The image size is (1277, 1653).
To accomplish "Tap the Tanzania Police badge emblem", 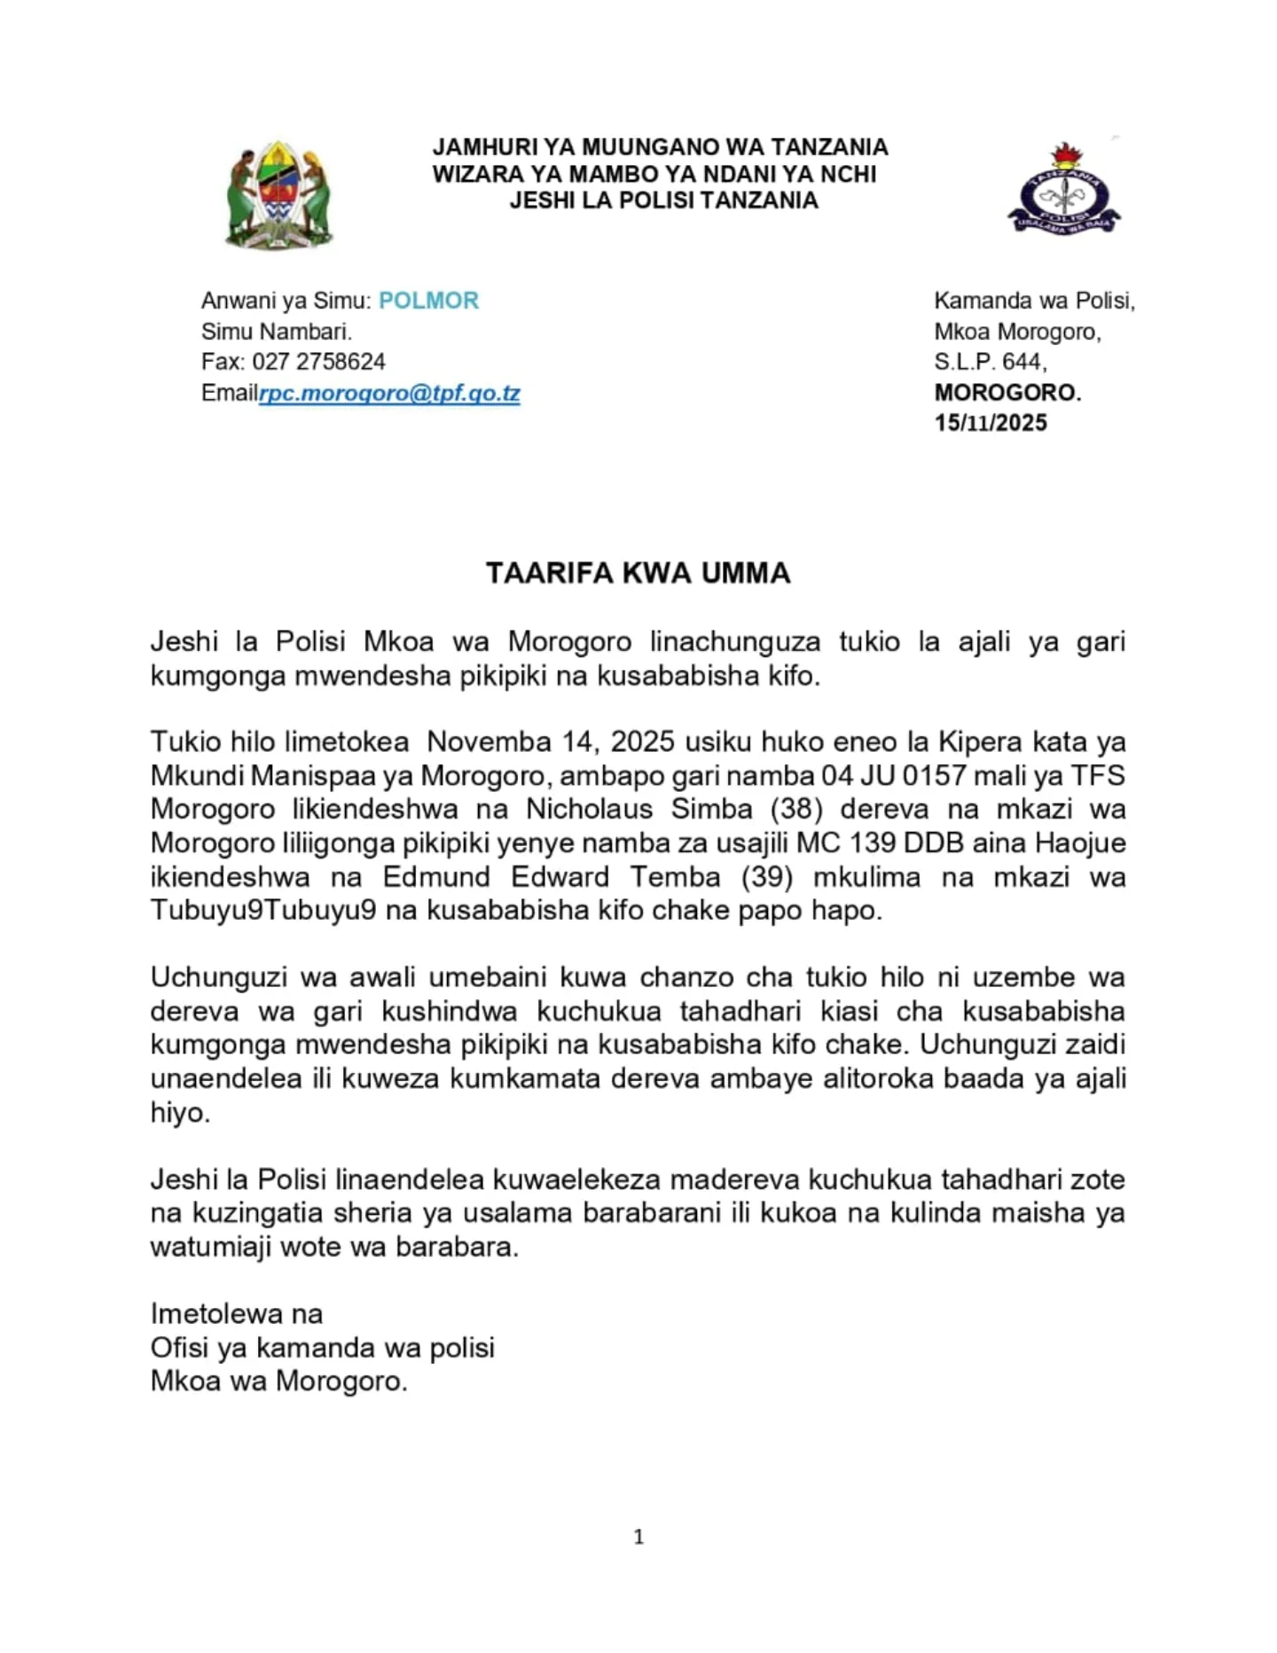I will pos(1063,191).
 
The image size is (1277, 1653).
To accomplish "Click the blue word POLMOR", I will pos(428,301).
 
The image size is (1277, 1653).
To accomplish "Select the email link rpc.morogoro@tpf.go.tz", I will pos(389,393).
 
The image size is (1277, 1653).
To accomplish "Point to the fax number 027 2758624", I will pos(318,362).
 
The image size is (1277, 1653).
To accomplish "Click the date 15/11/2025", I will pos(991,423).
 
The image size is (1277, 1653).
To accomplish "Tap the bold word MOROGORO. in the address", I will pos(1007,393).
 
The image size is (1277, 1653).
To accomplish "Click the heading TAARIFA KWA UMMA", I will pos(638,573).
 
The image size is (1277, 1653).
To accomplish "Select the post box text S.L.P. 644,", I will pos(990,362).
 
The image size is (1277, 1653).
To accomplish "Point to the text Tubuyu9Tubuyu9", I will pos(263,911).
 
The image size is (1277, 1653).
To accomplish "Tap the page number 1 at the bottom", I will pos(638,1537).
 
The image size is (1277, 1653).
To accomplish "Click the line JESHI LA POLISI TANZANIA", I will pos(663,200).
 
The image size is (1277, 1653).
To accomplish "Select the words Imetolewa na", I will pos(237,1313).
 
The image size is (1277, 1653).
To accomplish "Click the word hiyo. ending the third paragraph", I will pos(180,1112).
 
